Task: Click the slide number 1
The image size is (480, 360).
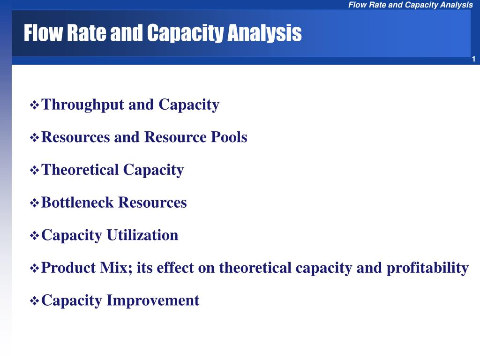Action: pyautogui.click(x=473, y=59)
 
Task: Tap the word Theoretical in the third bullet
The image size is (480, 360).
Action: pyautogui.click(x=80, y=170)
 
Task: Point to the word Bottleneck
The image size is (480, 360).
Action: pyautogui.click(x=77, y=202)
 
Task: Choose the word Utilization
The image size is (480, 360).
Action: pyautogui.click(x=142, y=235)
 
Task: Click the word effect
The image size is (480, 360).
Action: pyautogui.click(x=175, y=268)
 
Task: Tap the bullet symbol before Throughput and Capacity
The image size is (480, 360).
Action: pyautogui.click(x=34, y=105)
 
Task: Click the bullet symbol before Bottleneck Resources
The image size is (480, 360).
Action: pyautogui.click(x=34, y=203)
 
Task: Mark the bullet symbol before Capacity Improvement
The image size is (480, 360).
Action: pyautogui.click(x=34, y=301)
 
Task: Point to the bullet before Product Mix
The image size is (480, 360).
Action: pyautogui.click(x=34, y=269)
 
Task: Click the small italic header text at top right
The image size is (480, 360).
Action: pyautogui.click(x=411, y=5)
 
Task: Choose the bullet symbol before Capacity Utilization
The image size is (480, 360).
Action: pyautogui.click(x=34, y=236)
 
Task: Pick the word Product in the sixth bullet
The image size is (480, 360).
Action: pyautogui.click(x=68, y=268)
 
